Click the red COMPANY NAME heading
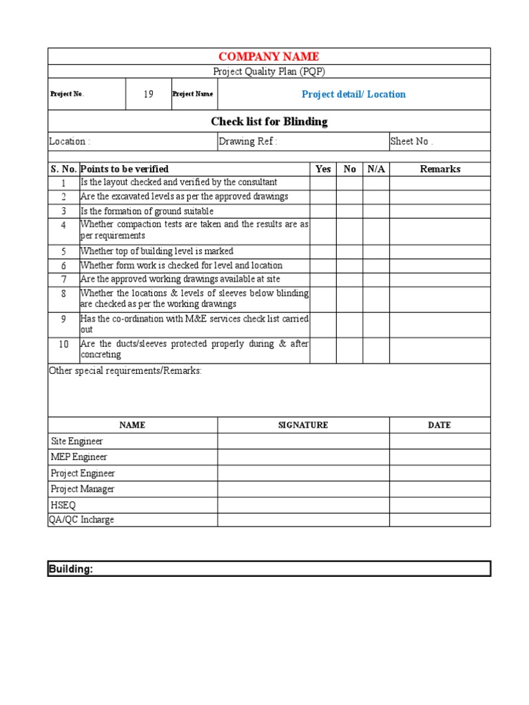pos(269,56)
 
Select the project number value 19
pos(148,94)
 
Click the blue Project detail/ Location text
pos(353,94)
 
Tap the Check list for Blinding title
pos(269,122)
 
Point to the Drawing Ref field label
pos(248,141)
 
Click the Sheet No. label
pos(412,141)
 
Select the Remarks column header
pos(439,169)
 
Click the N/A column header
pos(376,169)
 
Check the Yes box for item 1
pos(323,182)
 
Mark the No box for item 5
pos(350,251)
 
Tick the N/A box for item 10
pos(376,350)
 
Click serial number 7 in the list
pos(63,280)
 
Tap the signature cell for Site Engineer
pos(303,441)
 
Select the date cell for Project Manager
pos(439,489)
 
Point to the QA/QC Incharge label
pos(81,520)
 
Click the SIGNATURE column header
pos(303,425)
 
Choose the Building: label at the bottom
pos(70,569)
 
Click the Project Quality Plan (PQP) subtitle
pos(269,72)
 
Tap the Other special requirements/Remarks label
pos(125,370)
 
